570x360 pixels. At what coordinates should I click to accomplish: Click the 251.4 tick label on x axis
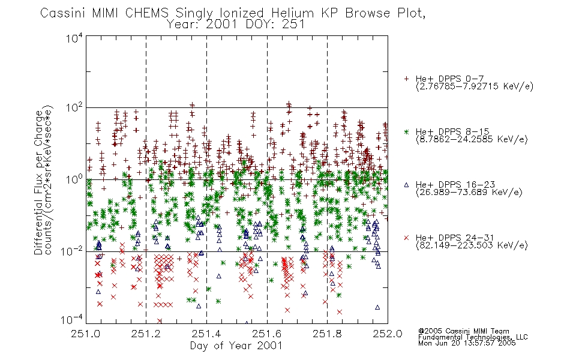[x=206, y=334]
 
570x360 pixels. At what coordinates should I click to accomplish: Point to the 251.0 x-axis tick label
[x=86, y=334]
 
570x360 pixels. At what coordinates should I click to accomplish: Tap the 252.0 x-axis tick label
[x=388, y=334]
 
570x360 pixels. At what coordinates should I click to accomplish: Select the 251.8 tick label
[x=327, y=334]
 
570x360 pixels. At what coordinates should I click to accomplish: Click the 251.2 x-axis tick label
[x=146, y=334]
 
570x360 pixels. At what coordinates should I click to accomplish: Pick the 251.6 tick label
[x=267, y=334]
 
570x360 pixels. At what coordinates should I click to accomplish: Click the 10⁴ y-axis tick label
[x=74, y=38]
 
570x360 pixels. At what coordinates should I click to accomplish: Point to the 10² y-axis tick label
[x=74, y=107]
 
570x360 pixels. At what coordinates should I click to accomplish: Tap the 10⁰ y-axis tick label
[x=74, y=179]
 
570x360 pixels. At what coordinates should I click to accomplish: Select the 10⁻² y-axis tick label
[x=72, y=251]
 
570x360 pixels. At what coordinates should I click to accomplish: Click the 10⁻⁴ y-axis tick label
[x=72, y=319]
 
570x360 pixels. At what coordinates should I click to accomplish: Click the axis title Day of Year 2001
[x=236, y=346]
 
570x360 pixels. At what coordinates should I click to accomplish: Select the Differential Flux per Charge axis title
[x=38, y=182]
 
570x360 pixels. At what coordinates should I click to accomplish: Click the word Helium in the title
[x=293, y=13]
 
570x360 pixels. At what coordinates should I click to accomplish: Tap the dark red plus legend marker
[x=406, y=79]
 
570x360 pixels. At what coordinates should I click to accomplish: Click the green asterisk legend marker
[x=406, y=131]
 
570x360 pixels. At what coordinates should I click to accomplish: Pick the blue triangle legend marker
[x=406, y=185]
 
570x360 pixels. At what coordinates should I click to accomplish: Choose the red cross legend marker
[x=406, y=238]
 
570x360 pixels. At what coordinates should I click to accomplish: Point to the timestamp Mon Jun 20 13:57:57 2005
[x=467, y=343]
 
